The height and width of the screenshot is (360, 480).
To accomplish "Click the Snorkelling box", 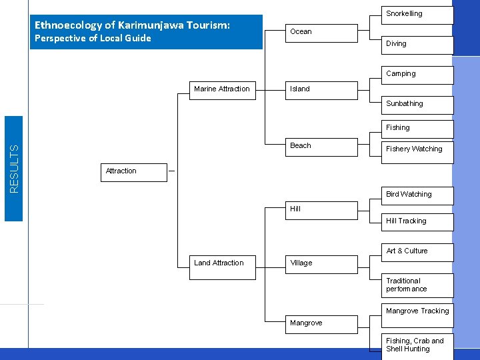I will pos(417,15).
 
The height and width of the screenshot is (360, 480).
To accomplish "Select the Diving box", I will pos(417,45).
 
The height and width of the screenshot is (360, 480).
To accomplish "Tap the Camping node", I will pos(417,75).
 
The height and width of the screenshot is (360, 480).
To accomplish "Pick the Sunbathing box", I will pos(417,105).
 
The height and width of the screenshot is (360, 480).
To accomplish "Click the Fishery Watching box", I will pos(417,150).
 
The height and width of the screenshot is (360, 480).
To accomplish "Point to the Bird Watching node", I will pos(417,195).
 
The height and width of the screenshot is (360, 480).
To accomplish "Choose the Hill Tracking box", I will pos(417,222).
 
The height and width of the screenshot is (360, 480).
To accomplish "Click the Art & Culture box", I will pos(417,252).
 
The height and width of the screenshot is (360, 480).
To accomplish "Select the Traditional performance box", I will pos(417,285).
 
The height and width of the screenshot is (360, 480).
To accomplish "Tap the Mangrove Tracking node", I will pos(417,312).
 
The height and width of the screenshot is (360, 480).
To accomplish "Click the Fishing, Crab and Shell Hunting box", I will pos(417,345).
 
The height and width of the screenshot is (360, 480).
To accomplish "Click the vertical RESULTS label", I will pos(14,169).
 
